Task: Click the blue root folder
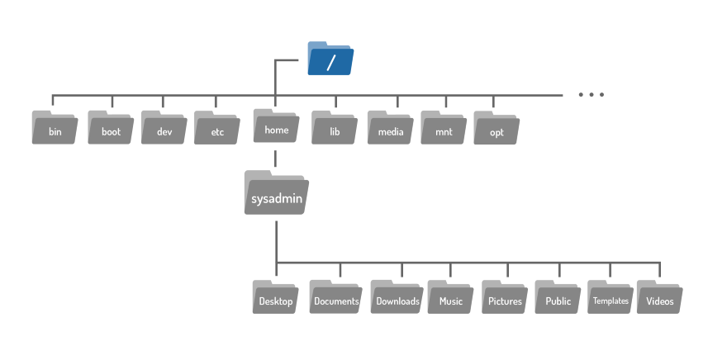tap(330, 59)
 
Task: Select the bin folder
tap(55, 127)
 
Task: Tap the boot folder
tap(111, 127)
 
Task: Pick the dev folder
tap(164, 127)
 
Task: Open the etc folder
tap(217, 128)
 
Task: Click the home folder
tap(276, 126)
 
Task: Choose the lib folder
tap(335, 127)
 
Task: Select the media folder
tap(391, 127)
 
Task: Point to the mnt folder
tap(444, 127)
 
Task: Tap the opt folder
tap(497, 128)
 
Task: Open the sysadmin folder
tap(276, 192)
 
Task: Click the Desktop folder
tap(275, 297)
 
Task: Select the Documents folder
tap(336, 297)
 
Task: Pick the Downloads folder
tap(397, 297)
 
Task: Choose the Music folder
tap(451, 297)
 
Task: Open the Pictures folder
tap(505, 297)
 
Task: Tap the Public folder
tap(558, 297)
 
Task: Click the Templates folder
tap(611, 297)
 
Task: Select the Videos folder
tap(659, 297)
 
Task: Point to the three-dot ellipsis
tap(592, 94)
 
